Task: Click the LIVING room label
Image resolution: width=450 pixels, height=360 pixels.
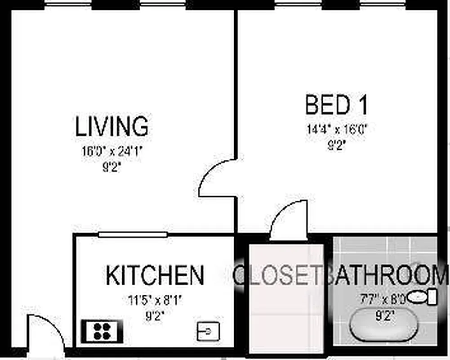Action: (111, 126)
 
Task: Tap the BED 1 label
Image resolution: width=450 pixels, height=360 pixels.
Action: (337, 105)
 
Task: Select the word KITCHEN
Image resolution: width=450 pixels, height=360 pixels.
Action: (155, 275)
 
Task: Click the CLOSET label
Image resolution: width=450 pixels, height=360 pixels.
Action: (279, 275)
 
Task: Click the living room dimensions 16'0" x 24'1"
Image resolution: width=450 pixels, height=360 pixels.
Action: (111, 151)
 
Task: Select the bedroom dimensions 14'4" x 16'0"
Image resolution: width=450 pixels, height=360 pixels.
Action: (337, 130)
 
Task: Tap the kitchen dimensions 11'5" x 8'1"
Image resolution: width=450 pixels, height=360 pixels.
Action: (154, 300)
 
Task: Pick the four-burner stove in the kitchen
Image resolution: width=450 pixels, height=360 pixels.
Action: (102, 331)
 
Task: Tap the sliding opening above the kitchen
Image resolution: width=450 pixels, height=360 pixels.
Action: (133, 234)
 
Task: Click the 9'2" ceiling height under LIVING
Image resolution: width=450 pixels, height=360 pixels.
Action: (111, 168)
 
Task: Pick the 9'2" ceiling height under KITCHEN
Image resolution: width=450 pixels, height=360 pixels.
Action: (154, 316)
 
